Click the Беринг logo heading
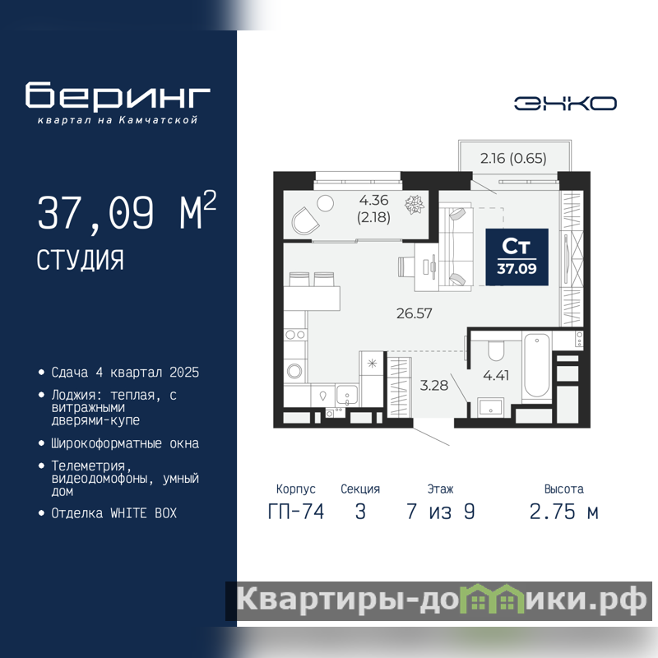[x=118, y=95]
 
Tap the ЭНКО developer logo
[x=565, y=104]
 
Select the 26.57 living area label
[x=415, y=313]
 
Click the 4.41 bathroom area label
[x=496, y=375]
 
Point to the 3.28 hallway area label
[x=434, y=385]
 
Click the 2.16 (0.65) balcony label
[x=513, y=158]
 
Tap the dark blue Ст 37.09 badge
[x=517, y=257]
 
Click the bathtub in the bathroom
[x=537, y=365]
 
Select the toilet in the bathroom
[x=496, y=351]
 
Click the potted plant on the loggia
[x=415, y=204]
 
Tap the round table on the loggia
[x=325, y=203]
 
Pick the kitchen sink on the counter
[x=346, y=395]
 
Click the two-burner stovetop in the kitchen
[x=295, y=335]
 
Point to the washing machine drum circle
[x=294, y=371]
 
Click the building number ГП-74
[x=296, y=512]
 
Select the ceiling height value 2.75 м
[x=563, y=512]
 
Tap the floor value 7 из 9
[x=441, y=512]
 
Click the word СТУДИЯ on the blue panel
[x=80, y=260]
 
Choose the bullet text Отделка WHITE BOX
[x=114, y=513]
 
